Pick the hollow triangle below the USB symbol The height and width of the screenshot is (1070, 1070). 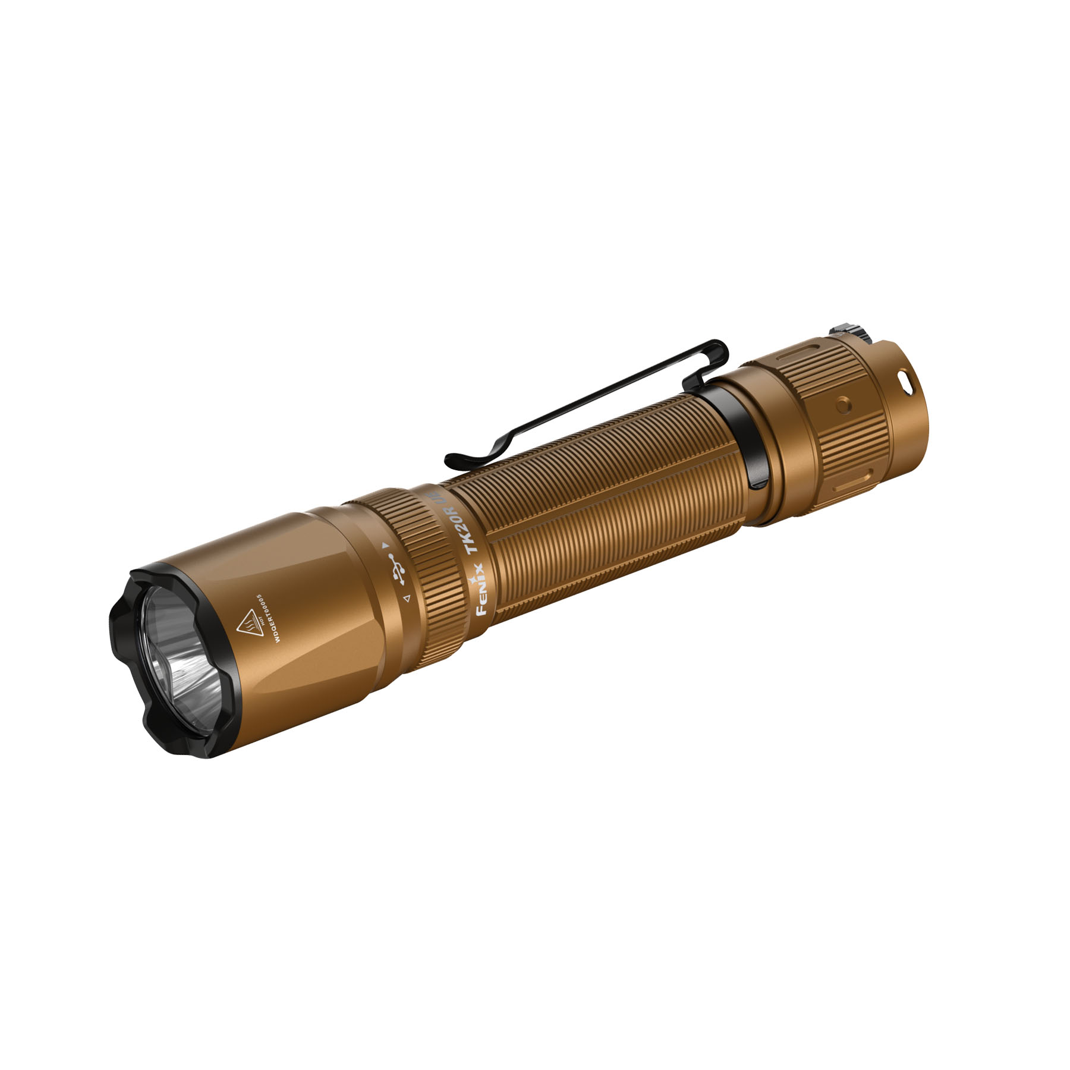tap(407, 599)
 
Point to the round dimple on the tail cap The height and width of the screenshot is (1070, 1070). tap(842, 405)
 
